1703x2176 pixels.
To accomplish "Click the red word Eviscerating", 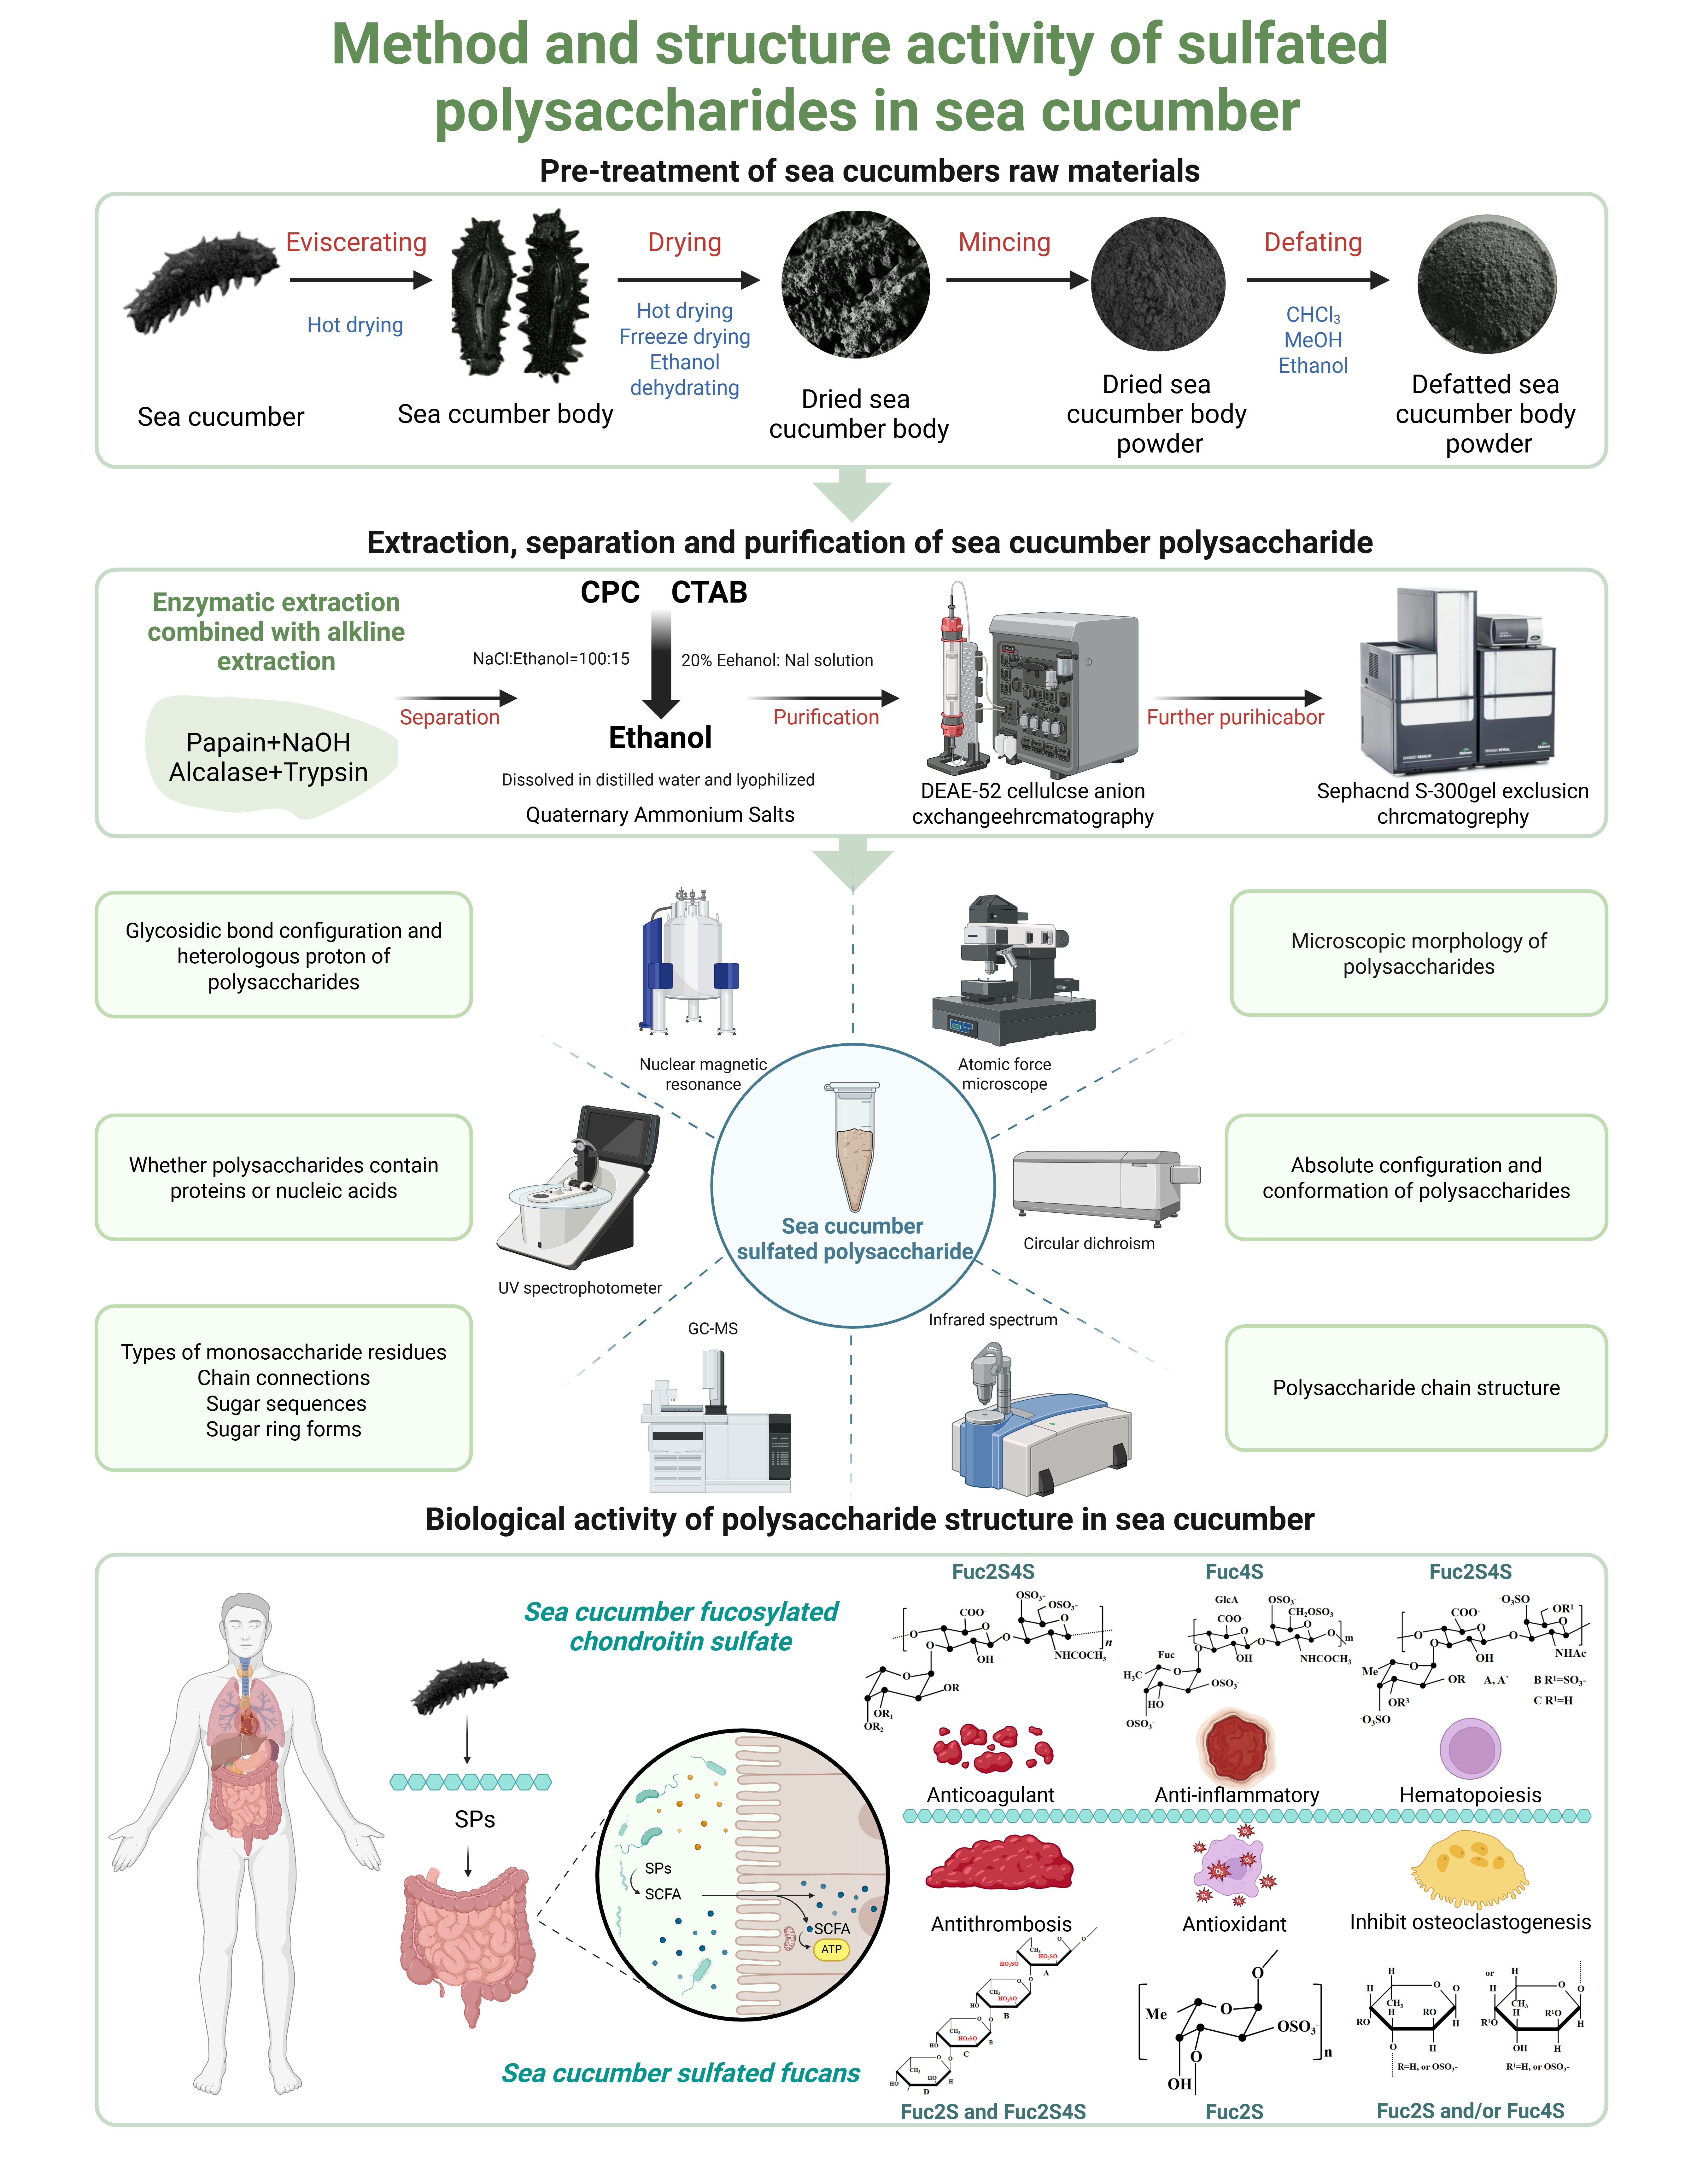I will point(356,242).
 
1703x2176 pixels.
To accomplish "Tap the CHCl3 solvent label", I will point(1312,315).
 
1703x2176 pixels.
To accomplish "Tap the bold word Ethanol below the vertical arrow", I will point(660,738).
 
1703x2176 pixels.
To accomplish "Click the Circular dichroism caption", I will point(1089,1243).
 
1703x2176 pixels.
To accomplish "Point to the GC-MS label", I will point(713,1329).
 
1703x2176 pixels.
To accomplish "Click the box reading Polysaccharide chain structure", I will point(1416,1387).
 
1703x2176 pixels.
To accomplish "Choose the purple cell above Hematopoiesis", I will point(1470,1748).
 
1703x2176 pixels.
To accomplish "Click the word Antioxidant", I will point(1234,1924).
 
